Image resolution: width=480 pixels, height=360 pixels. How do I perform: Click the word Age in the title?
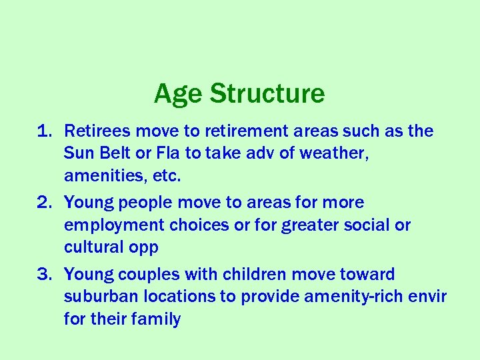pos(178,94)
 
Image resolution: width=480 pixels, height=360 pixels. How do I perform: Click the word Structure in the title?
pos(267,94)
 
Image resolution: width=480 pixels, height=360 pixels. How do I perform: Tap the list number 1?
pos(43,131)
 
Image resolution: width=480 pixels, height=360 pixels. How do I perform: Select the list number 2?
pos(43,203)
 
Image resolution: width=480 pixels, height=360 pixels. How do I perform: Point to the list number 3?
pos(43,275)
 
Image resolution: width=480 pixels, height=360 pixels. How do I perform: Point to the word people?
pos(139,203)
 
